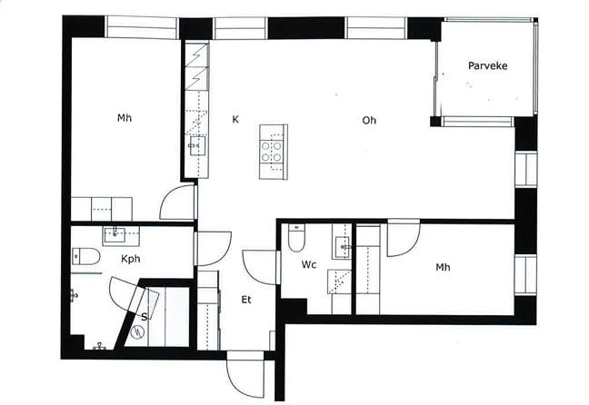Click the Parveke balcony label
(x=487, y=65)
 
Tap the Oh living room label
(x=369, y=120)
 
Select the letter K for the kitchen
(x=235, y=119)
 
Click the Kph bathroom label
(x=130, y=259)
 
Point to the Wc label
(x=309, y=264)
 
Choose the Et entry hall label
(x=246, y=300)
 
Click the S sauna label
(x=144, y=317)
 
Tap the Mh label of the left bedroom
(x=125, y=118)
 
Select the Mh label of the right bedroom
(x=443, y=267)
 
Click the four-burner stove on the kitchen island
(x=271, y=152)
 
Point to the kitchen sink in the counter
(x=197, y=145)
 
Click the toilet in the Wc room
(x=296, y=238)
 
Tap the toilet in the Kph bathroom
(x=86, y=256)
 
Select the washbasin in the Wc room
(x=342, y=247)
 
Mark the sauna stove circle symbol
(x=138, y=331)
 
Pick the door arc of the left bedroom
(x=165, y=197)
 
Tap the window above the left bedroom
(x=141, y=27)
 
